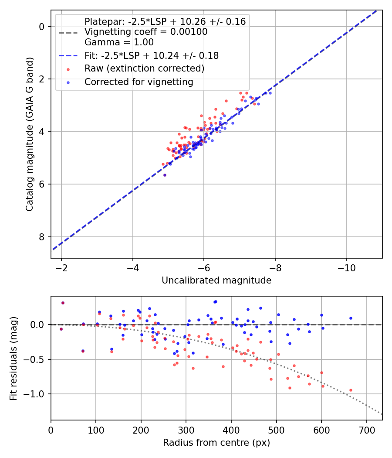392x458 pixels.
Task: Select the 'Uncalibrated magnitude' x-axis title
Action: (216, 280)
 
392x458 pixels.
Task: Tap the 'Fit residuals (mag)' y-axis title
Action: (14, 358)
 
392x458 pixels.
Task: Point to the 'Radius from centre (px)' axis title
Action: (216, 443)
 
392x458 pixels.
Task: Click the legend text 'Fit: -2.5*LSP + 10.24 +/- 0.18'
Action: (152, 56)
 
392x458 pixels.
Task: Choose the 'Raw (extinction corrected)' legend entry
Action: (144, 68)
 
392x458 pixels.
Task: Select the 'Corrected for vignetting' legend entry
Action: (139, 82)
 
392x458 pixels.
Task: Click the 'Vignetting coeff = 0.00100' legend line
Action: (146, 32)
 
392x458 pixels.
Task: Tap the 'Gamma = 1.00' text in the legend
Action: (119, 43)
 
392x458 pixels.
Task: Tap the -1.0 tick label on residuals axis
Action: (37, 394)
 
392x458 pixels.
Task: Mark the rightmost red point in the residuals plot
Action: (351, 390)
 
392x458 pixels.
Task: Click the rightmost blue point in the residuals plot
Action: (351, 318)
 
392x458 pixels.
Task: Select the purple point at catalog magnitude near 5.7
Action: (165, 175)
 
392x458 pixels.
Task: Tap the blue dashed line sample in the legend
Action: (68, 56)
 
